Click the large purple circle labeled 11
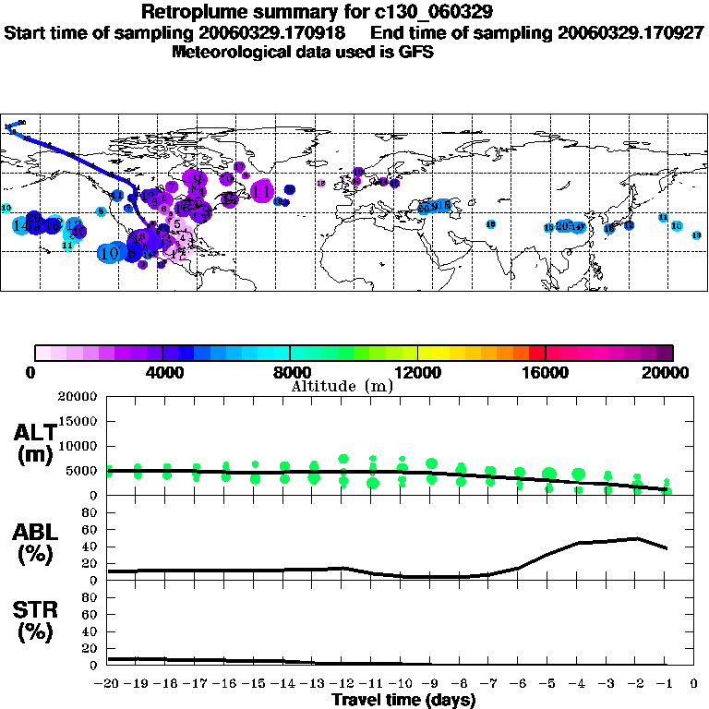[x=262, y=191]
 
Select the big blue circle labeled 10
[x=110, y=252]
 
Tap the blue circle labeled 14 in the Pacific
[x=21, y=225]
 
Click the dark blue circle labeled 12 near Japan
[x=630, y=225]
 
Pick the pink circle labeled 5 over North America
[x=176, y=223]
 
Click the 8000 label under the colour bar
[x=289, y=373]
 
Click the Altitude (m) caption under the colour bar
[x=342, y=386]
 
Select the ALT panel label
[x=34, y=444]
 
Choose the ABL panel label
[x=34, y=542]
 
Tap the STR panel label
[x=34, y=620]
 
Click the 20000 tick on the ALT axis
[x=78, y=397]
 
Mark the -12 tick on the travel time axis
[x=342, y=684]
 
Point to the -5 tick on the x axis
[x=548, y=684]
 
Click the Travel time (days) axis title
[x=403, y=701]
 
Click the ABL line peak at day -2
[x=636, y=538]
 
